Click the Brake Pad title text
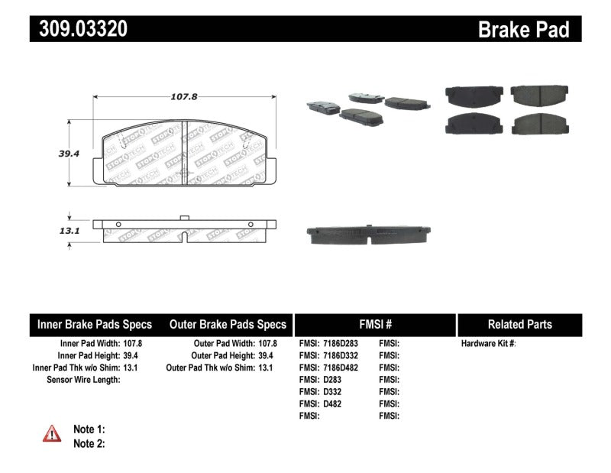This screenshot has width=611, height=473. click(x=523, y=29)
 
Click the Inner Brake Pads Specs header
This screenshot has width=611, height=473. click(x=95, y=324)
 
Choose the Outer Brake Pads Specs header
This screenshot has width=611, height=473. click(x=227, y=324)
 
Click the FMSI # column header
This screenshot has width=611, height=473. click(x=374, y=324)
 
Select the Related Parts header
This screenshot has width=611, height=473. click(x=519, y=324)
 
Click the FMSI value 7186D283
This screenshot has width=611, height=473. click(x=339, y=344)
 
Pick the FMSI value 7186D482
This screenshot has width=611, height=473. click(x=339, y=368)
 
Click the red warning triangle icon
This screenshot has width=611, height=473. click(x=52, y=433)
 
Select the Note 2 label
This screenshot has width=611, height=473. click(x=89, y=443)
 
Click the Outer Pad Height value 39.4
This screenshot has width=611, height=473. click(x=267, y=355)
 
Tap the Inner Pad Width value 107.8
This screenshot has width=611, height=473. click(x=131, y=344)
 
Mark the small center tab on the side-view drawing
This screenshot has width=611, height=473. click(x=184, y=218)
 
